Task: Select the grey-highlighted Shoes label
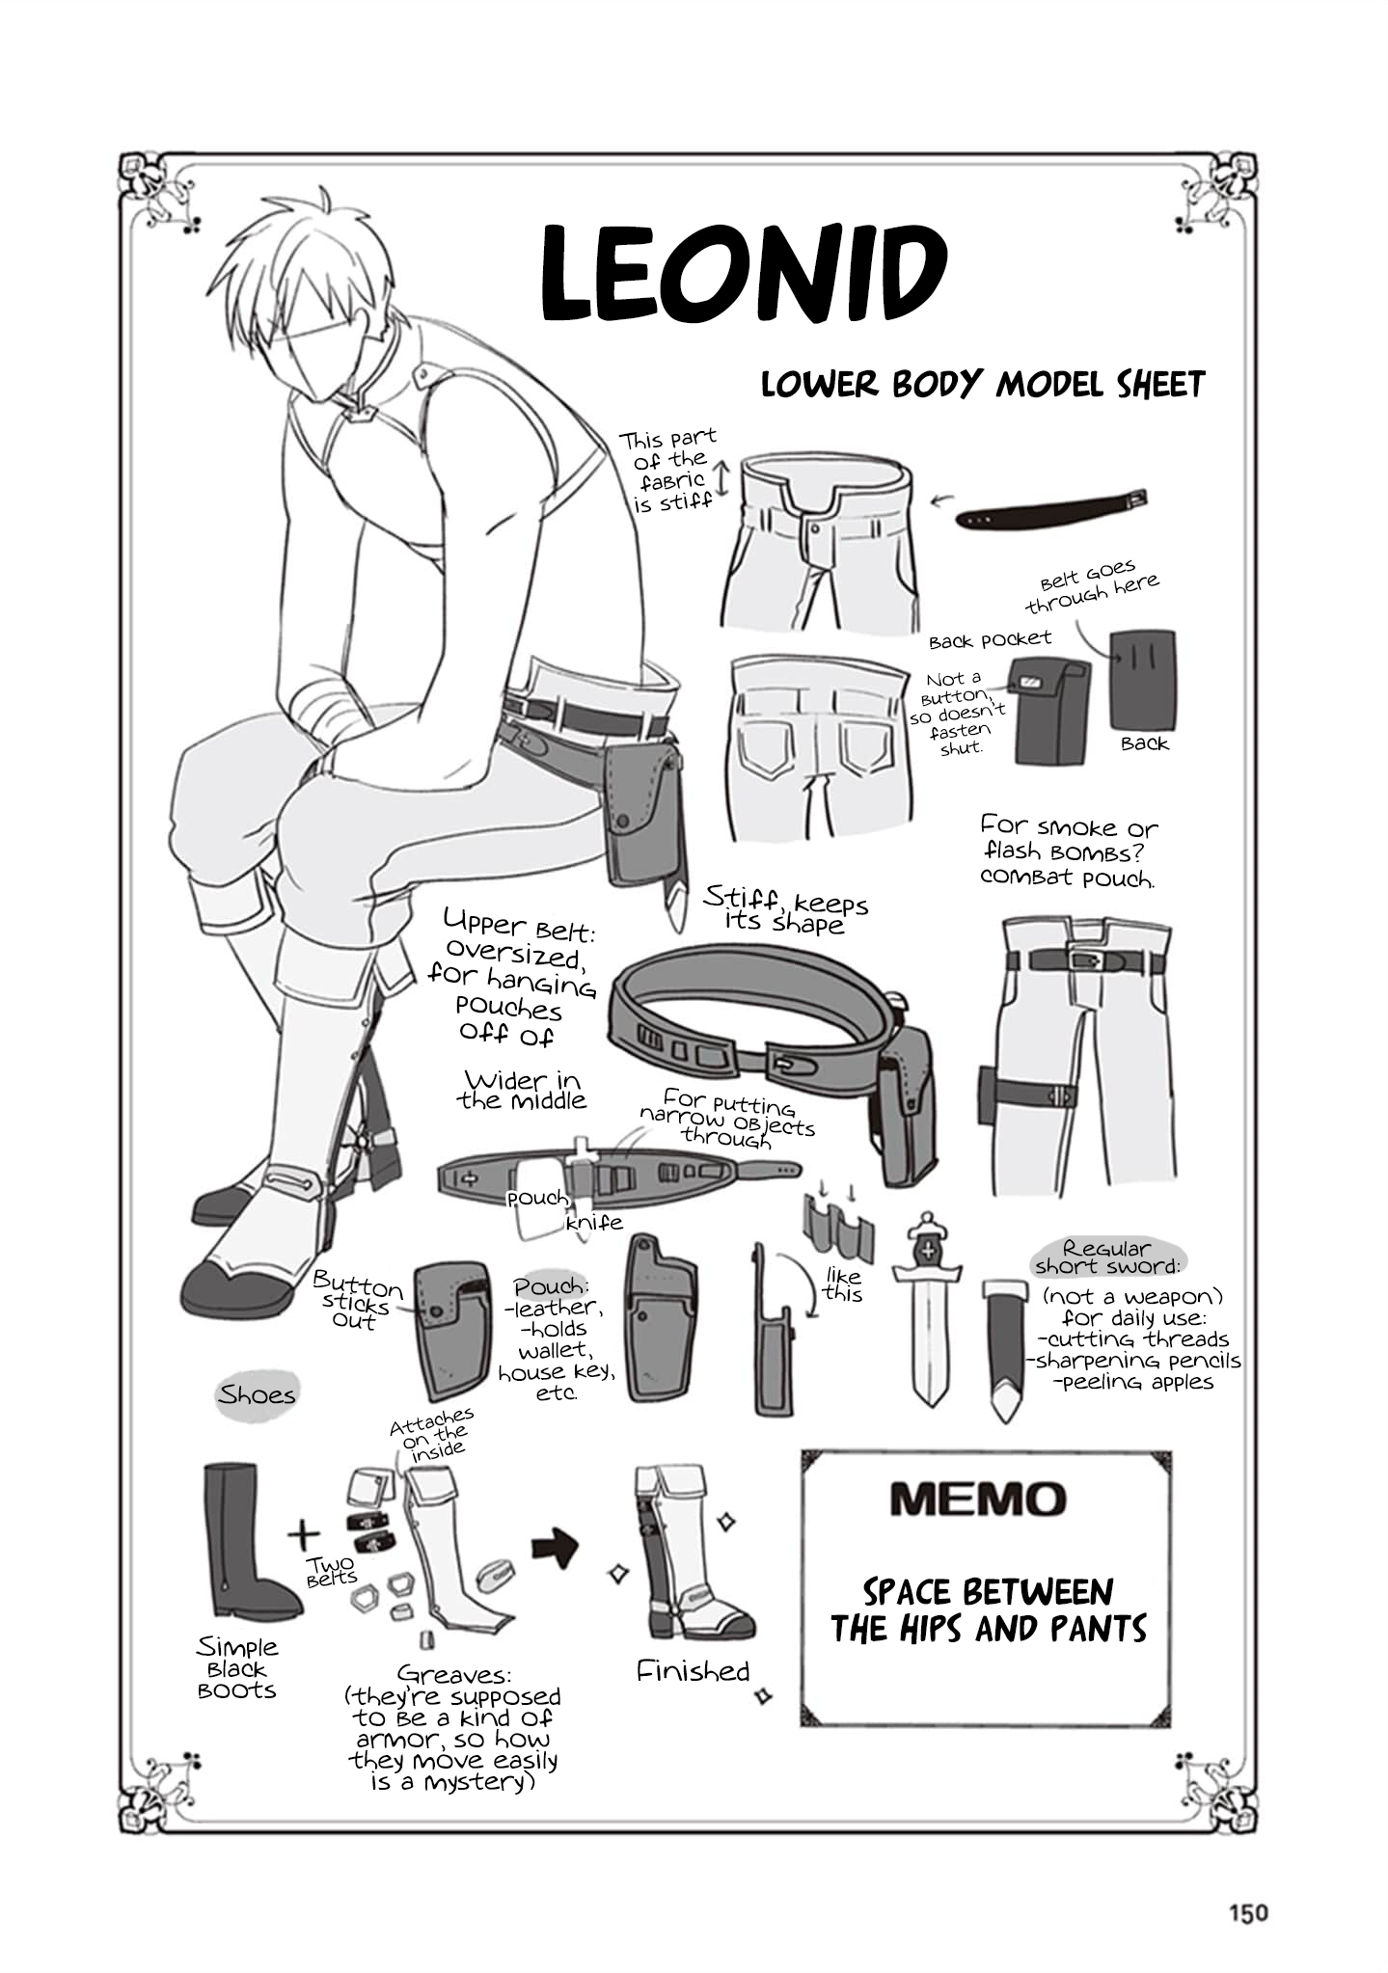256,1395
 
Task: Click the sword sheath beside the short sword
1006,1347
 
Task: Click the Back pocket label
990,639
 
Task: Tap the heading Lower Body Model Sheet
983,384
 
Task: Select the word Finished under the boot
693,1671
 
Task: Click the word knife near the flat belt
594,1223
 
